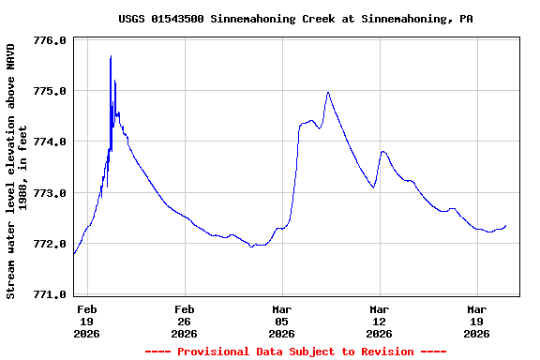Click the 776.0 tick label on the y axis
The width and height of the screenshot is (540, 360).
pos(49,41)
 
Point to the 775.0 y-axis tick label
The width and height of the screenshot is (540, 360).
pos(49,92)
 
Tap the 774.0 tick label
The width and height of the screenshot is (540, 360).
pos(49,142)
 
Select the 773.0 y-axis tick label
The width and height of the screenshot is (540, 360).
pos(49,193)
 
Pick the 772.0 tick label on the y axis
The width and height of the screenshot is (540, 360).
pos(49,244)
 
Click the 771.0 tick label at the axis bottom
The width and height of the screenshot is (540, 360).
pos(49,294)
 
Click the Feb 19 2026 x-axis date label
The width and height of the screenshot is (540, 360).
pos(87,321)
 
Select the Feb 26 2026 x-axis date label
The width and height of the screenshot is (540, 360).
pos(185,321)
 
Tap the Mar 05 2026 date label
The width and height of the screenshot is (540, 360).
pos(282,321)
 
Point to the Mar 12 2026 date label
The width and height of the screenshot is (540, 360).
pos(380,321)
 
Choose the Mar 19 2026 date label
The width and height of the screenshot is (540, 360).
pos(477,321)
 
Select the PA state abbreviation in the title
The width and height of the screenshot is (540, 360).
pos(466,19)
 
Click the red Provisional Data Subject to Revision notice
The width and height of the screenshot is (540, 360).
pos(295,352)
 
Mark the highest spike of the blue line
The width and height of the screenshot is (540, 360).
pos(111,56)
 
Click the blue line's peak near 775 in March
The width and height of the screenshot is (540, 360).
pos(328,92)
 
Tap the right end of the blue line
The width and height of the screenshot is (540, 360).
pos(506,225)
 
